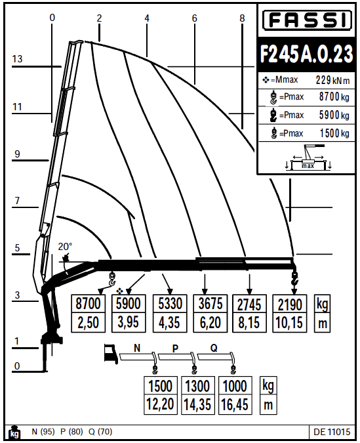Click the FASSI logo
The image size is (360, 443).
pos(307,22)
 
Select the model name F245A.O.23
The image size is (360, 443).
pos(307,55)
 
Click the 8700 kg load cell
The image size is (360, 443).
pos(89,304)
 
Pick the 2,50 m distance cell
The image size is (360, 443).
pos(89,323)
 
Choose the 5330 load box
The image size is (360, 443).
pos(171,304)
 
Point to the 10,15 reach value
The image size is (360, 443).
pos(290,323)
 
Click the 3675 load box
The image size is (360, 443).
pos(212,304)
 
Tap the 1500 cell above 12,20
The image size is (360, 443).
pos(161,386)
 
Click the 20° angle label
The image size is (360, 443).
pos(66,247)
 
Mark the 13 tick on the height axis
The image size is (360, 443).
pos(18,59)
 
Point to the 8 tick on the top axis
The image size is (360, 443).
pos(242,18)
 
